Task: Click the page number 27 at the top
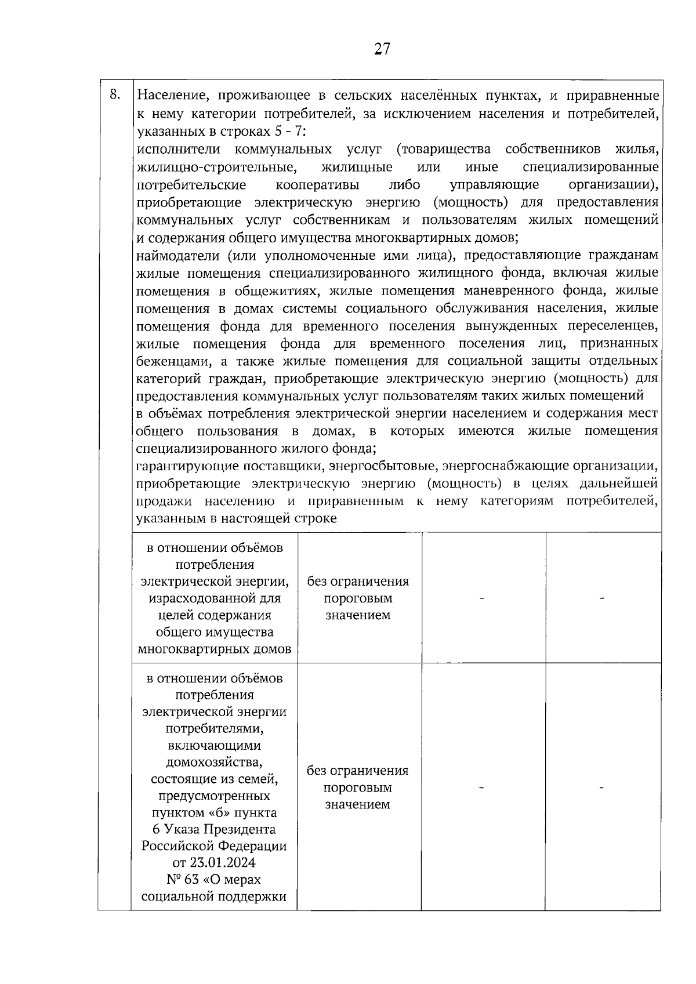pyautogui.click(x=382, y=49)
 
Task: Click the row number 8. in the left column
pyautogui.click(x=115, y=95)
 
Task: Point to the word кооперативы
pyautogui.click(x=317, y=185)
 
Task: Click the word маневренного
pyautogui.click(x=504, y=291)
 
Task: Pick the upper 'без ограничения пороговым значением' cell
pyautogui.click(x=358, y=598)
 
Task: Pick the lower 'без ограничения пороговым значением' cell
pyautogui.click(x=358, y=787)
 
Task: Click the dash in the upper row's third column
pyautogui.click(x=481, y=598)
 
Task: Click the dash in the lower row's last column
pyautogui.click(x=601, y=787)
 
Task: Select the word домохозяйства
pyautogui.click(x=214, y=762)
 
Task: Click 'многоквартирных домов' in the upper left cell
pyautogui.click(x=214, y=649)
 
